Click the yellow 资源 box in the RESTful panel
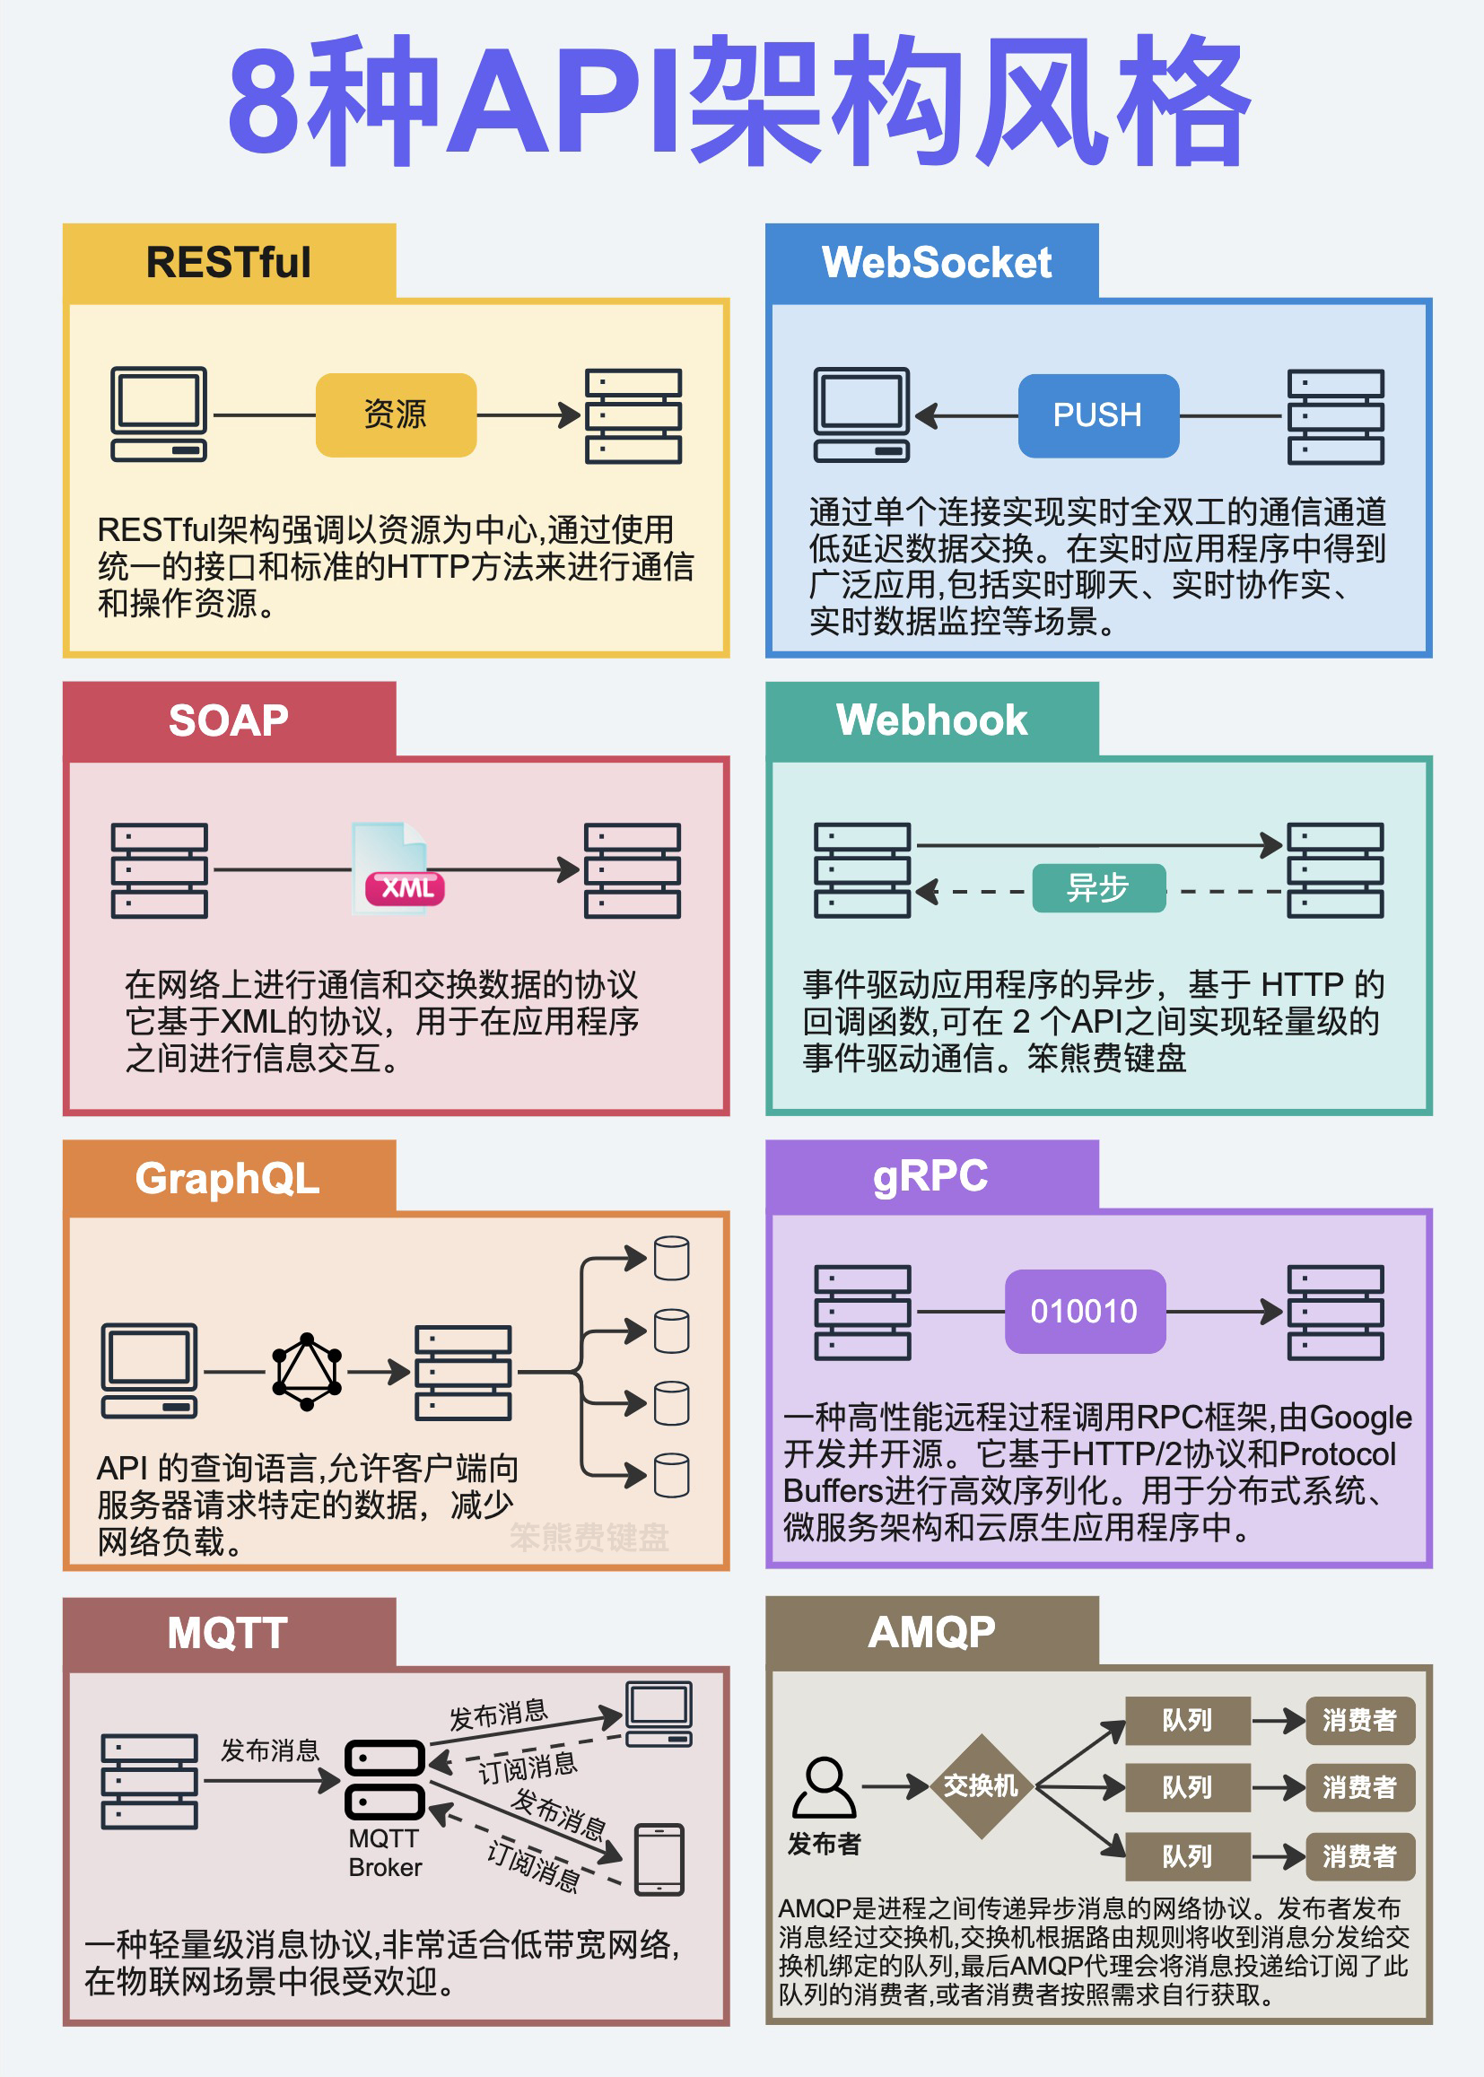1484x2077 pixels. coord(396,415)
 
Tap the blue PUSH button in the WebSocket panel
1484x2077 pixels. coord(1098,415)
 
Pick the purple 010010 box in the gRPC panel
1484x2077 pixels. coord(1085,1312)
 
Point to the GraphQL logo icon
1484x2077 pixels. coord(307,1372)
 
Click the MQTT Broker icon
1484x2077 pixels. coord(385,1779)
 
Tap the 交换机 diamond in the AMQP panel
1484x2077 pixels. coord(981,1785)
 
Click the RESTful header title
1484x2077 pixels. coord(229,262)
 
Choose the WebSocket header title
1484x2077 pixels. coord(937,262)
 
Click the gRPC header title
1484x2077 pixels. coord(930,1175)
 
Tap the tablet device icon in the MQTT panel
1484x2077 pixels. coord(659,1860)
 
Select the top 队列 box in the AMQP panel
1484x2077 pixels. coord(1187,1721)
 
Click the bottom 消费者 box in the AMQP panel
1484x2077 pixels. coord(1359,1856)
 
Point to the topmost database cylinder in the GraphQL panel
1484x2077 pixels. coord(672,1258)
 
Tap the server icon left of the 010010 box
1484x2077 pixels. coord(862,1313)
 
